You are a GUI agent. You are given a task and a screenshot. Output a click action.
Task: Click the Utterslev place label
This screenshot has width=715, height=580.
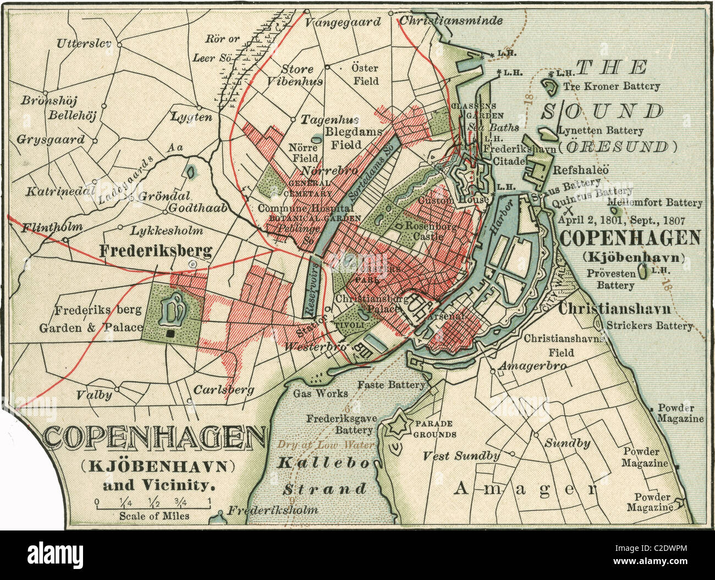[84, 43]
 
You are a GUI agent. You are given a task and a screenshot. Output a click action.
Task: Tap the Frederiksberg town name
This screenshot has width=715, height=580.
[156, 251]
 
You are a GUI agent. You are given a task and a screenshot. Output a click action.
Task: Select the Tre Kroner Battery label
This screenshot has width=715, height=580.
[610, 86]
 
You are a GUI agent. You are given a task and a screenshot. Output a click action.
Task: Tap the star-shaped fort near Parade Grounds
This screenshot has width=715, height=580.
[397, 425]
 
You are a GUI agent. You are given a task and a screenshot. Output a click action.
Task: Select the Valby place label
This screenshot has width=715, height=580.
[94, 395]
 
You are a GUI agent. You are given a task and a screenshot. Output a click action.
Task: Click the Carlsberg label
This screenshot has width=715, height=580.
[223, 390]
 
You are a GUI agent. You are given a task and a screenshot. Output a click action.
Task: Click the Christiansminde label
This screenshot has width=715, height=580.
[450, 20]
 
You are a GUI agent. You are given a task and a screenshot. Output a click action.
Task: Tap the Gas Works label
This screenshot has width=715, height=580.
[320, 393]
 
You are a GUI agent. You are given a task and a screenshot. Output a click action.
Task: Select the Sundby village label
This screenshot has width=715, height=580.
[567, 443]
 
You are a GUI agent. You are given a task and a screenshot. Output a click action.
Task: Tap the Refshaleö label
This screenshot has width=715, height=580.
[580, 170]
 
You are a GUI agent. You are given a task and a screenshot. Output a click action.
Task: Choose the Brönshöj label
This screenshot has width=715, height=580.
[49, 101]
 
